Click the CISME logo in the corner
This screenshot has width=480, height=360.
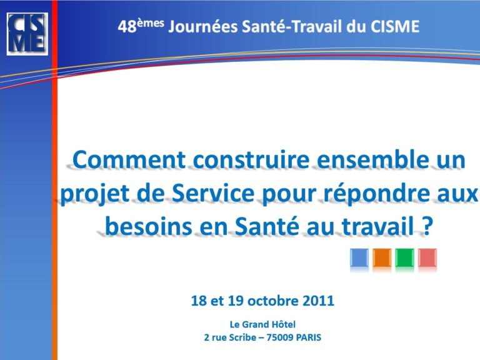[27, 34]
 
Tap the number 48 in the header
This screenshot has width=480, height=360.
[127, 27]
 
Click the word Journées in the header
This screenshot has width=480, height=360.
[203, 26]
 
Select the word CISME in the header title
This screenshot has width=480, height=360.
[395, 26]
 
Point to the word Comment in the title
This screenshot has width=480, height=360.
[129, 160]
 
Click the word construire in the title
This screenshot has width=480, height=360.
[252, 160]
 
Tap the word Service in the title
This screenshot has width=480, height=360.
[213, 194]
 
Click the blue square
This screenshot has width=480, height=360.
[359, 257]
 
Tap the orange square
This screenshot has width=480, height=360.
[382, 257]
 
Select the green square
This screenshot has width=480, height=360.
[405, 257]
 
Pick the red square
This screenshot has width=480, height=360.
[427, 257]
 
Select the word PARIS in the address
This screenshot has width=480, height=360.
[309, 337]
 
